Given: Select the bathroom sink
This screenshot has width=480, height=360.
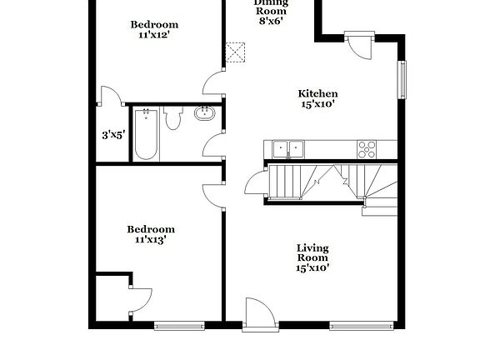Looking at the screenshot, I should click(204, 114).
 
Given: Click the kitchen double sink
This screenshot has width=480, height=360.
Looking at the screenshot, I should click(287, 149).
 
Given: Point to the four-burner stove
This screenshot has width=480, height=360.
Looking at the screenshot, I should click(367, 149).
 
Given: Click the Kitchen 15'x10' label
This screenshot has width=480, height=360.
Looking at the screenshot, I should click(318, 99).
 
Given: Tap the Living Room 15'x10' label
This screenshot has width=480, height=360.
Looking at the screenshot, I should click(312, 257).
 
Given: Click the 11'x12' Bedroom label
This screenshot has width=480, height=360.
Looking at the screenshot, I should click(155, 30).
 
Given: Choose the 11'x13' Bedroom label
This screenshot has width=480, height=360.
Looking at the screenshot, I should click(151, 234).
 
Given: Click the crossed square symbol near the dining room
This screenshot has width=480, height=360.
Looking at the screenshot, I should click(237, 52).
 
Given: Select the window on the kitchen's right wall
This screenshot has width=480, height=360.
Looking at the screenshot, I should click(402, 79).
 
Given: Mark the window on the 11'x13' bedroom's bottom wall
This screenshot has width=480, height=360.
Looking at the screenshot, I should click(179, 324).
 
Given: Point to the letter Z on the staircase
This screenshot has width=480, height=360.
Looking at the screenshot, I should click(344, 178).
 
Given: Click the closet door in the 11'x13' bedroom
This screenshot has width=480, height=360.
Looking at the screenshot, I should click(138, 300).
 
